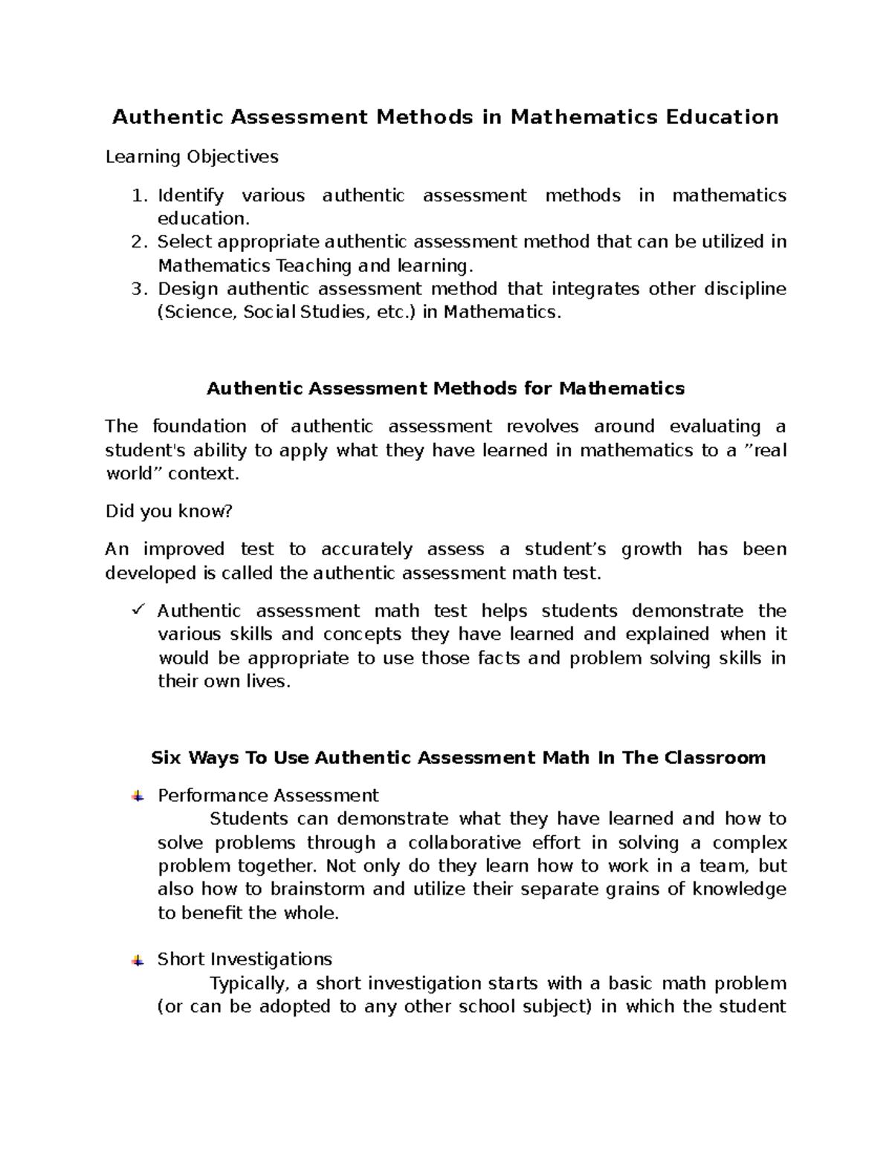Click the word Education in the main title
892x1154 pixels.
click(x=722, y=117)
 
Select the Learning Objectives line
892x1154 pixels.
click(x=192, y=157)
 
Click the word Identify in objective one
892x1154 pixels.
click(x=190, y=195)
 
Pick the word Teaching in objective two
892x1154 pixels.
click(x=313, y=265)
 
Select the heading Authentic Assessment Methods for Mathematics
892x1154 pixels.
click(x=445, y=389)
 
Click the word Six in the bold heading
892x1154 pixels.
click(x=167, y=758)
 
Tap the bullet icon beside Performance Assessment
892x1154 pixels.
click(x=138, y=797)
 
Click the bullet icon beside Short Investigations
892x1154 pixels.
click(x=138, y=961)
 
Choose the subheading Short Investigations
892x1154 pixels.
click(x=245, y=959)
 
